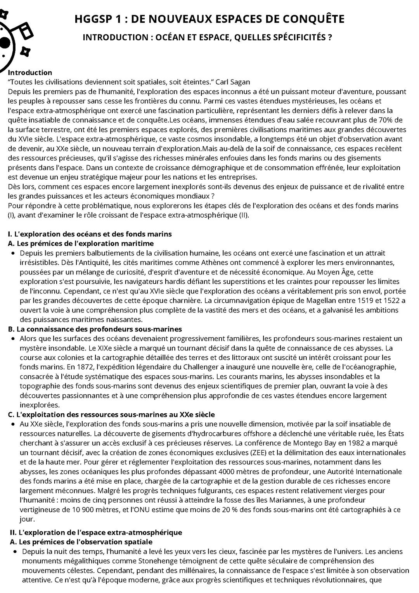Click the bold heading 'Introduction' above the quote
[30, 73]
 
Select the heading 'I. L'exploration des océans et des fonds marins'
[90, 234]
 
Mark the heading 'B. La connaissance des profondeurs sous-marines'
[95, 329]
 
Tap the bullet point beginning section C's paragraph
[14, 424]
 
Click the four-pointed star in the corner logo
[25, 51]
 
